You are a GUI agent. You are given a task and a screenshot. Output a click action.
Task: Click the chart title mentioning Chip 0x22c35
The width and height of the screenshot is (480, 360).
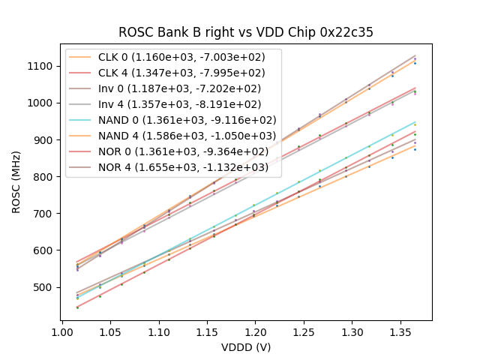coord(246,32)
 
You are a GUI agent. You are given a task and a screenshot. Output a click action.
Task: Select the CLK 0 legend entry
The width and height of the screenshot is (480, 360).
coord(187,57)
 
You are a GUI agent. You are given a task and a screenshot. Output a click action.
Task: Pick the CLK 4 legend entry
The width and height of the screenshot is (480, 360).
coord(187,73)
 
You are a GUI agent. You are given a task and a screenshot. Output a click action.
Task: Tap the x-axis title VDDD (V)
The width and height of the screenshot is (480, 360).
coord(246,347)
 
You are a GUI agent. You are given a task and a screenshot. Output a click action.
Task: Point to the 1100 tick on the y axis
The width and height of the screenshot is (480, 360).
coord(41,66)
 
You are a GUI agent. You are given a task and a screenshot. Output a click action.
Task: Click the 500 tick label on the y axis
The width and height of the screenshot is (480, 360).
coord(44,287)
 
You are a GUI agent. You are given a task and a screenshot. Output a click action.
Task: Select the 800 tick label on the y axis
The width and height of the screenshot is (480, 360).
coord(44,177)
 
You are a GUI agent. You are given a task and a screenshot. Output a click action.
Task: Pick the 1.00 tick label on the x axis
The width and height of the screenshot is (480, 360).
coord(61,331)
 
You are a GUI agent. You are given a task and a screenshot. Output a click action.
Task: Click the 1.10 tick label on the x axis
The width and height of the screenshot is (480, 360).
coord(158,331)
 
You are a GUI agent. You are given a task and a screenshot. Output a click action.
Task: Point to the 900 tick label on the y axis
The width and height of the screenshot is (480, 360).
coord(44,140)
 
